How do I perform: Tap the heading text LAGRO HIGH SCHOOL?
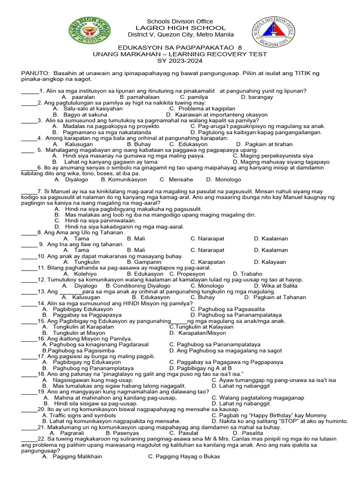tap(180, 28)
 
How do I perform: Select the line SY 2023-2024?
tap(180, 61)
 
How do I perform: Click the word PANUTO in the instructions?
tap(36, 74)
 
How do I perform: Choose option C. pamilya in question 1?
tap(194, 97)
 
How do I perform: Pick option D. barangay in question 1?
tap(256, 97)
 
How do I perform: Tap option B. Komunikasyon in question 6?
tap(124, 180)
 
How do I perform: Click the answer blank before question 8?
tap(29, 232)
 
